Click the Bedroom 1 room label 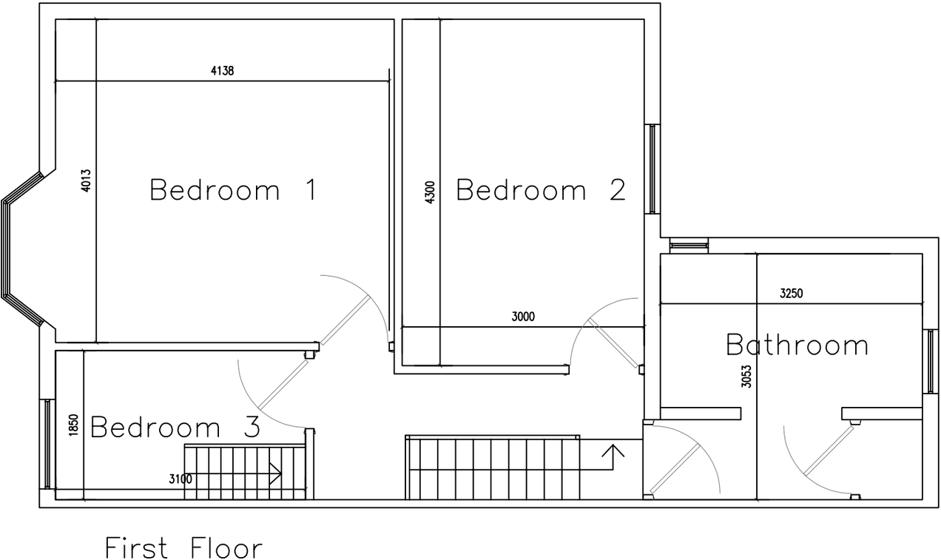233,190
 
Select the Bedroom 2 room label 541,190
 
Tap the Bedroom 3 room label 175,428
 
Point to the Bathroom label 797,345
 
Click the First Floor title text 183,549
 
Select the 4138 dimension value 223,71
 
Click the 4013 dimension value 87,181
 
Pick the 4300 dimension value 431,192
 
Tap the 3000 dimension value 522,317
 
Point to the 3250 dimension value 791,294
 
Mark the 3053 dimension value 746,377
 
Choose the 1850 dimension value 73,426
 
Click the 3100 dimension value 181,479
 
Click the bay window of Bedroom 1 21,249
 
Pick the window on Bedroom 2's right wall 652,169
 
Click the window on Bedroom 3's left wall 47,444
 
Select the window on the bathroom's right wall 931,361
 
